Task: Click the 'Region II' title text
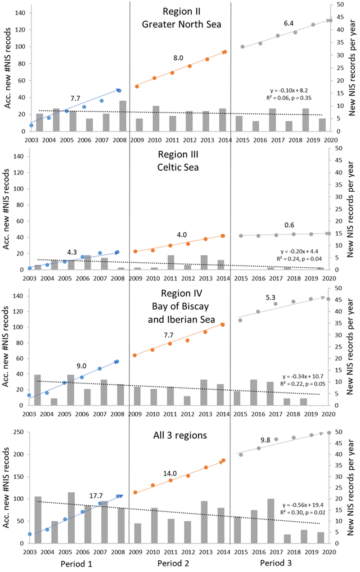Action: (x=181, y=12)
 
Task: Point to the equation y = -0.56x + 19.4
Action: (x=305, y=505)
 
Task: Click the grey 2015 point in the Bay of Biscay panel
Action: (x=240, y=320)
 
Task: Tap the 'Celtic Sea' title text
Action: (x=181, y=167)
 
